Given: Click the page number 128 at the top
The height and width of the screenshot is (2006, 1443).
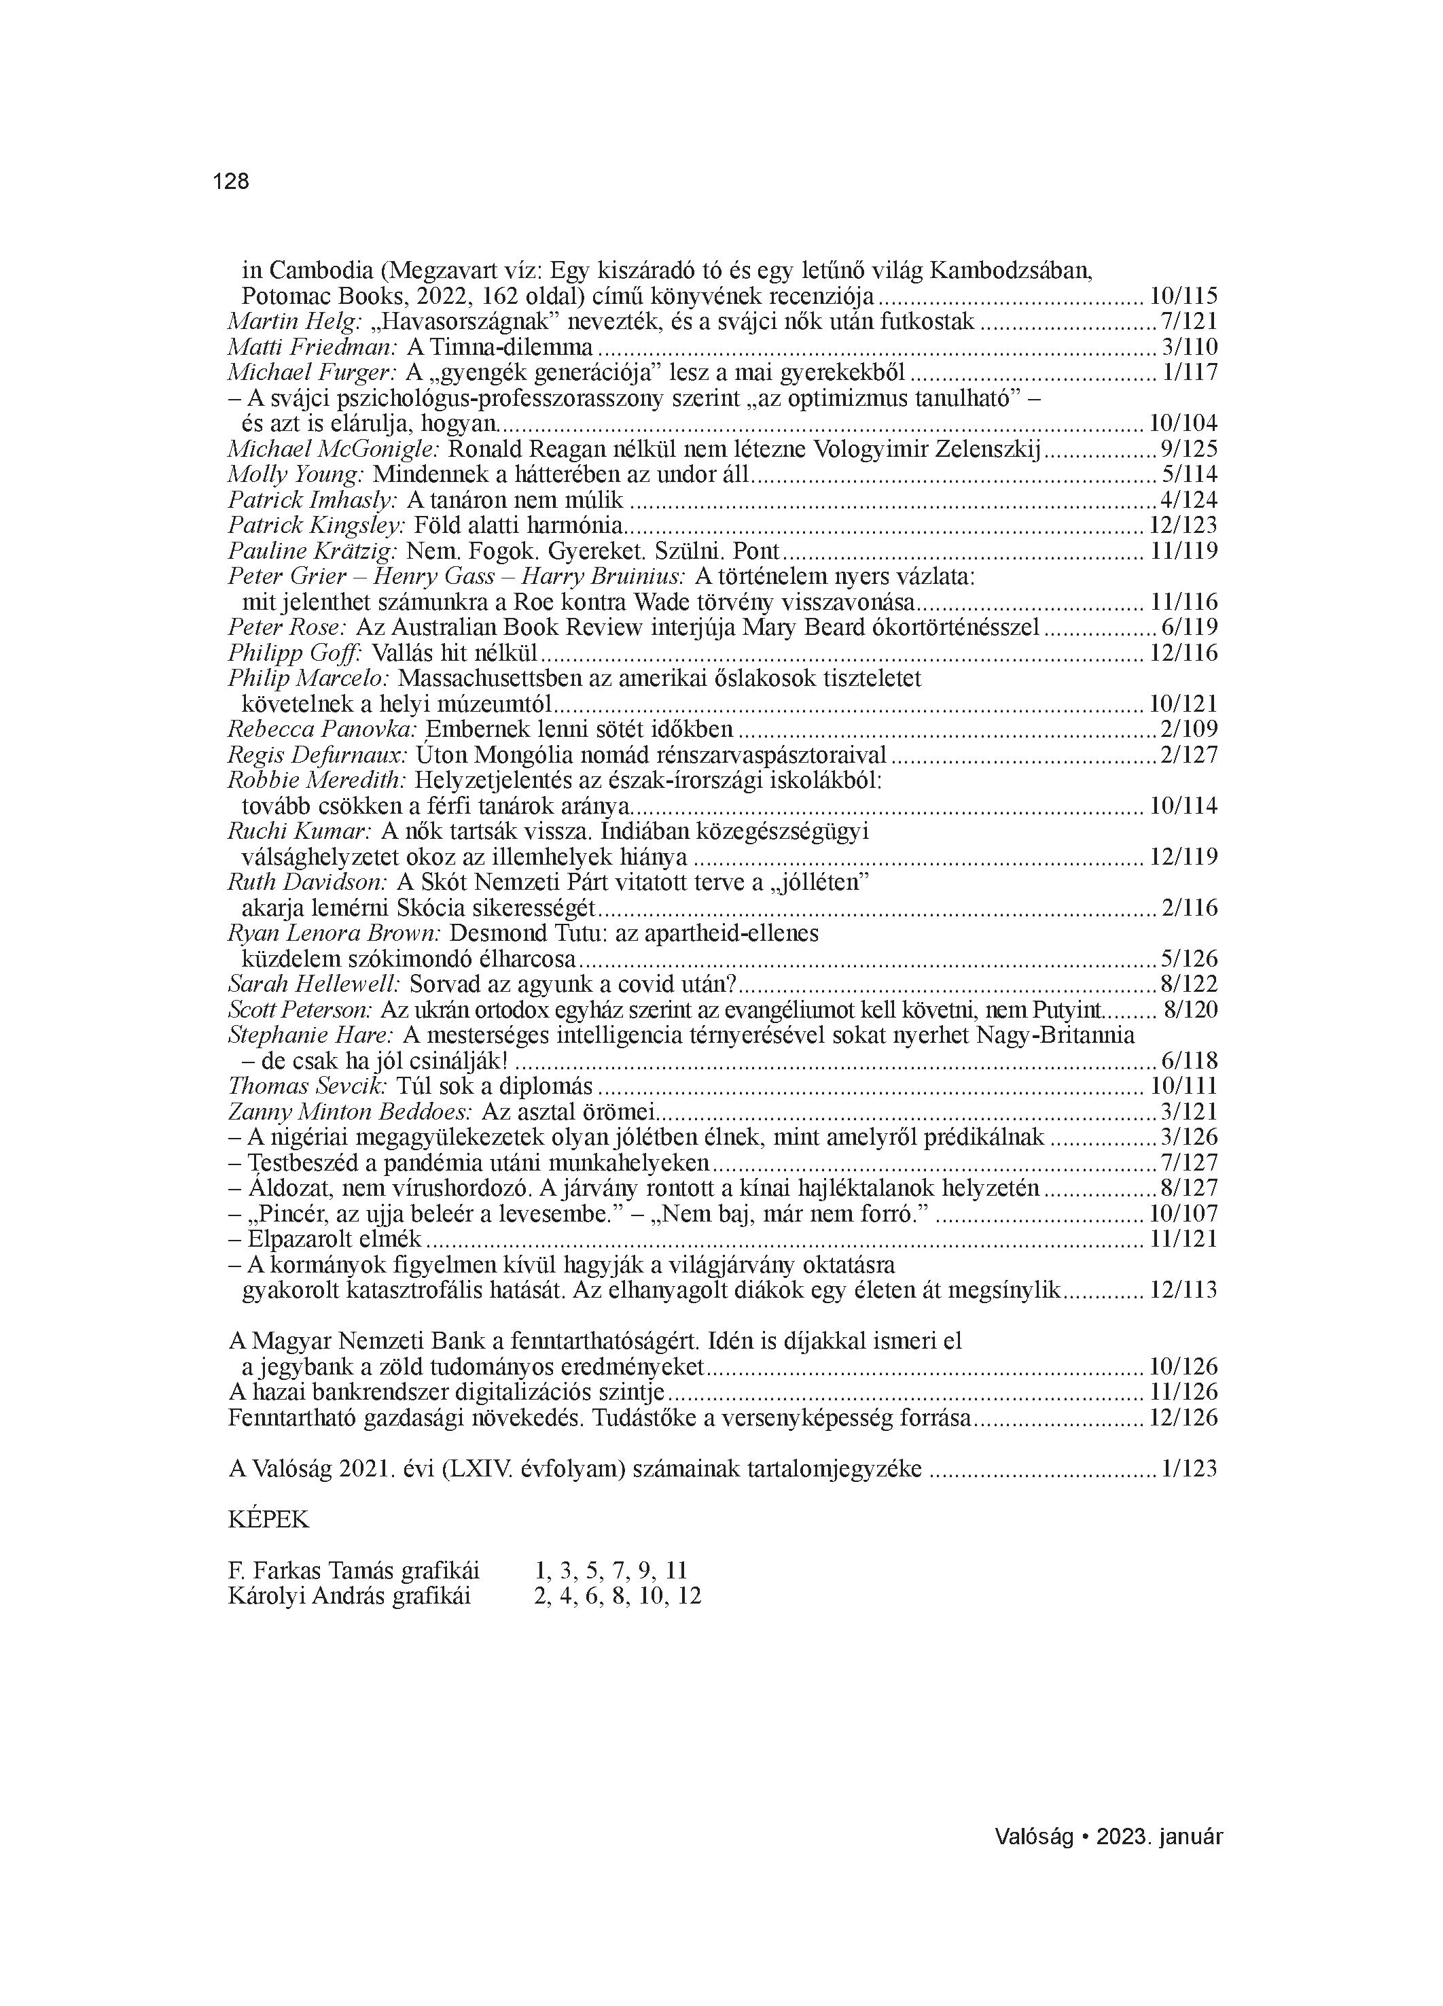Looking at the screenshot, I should click(231, 182).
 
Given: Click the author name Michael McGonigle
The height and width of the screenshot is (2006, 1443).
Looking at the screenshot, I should click(334, 449).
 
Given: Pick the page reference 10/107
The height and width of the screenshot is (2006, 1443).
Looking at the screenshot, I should click(1183, 1214).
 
